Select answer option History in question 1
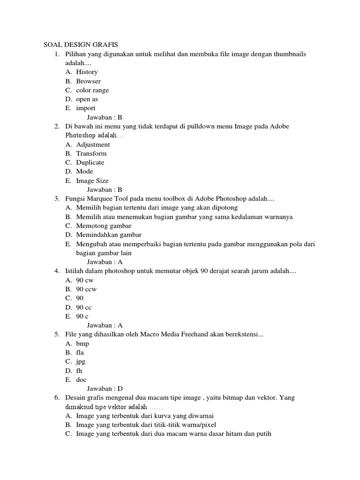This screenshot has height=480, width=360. tap(87, 72)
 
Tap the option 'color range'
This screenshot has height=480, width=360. tap(92, 90)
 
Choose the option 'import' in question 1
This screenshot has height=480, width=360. tap(86, 108)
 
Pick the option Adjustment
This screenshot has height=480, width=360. tap(93, 145)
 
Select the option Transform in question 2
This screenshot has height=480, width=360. tap(91, 154)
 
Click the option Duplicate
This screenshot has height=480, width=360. tap(90, 163)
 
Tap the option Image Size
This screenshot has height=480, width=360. tap(92, 181)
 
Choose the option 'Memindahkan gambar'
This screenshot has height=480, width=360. tap(109, 235)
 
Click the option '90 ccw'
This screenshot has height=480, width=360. tap(86, 289)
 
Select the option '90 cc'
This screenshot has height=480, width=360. tap(84, 307)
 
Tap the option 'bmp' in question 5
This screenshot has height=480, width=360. tap(82, 344)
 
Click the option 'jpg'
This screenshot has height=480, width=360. tap(81, 362)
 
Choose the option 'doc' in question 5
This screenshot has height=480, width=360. tap(82, 380)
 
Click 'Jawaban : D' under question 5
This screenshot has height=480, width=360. tap(105, 389)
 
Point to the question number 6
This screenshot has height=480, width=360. tap(56, 397)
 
